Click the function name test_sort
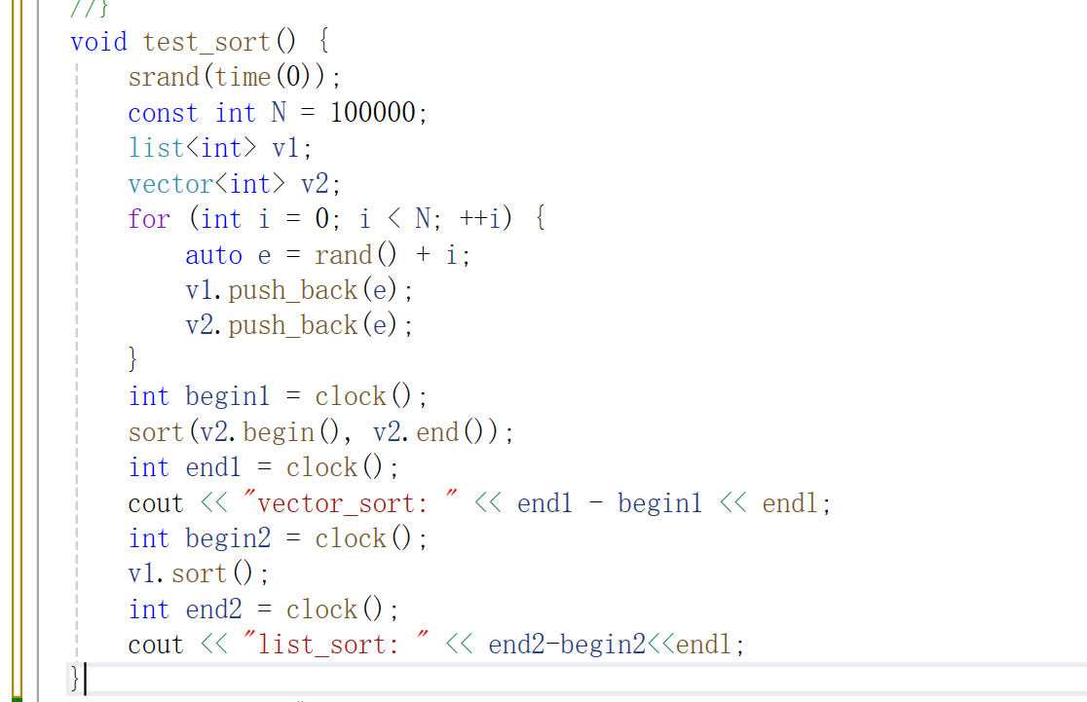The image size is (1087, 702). (206, 42)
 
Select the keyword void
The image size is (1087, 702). (98, 42)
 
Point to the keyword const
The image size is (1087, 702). (163, 113)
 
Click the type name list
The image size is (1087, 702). (156, 148)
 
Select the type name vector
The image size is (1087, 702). (170, 184)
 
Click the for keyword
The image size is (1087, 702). (149, 219)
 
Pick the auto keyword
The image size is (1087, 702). (213, 255)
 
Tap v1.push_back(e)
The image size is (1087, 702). (299, 290)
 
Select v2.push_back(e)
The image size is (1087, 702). (299, 325)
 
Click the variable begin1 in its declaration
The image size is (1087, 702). (227, 396)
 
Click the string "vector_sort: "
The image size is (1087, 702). (353, 503)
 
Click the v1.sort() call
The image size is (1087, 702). (198, 573)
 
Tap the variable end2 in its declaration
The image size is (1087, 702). (213, 610)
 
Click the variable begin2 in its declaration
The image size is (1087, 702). (227, 538)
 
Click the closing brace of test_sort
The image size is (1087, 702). (74, 679)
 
